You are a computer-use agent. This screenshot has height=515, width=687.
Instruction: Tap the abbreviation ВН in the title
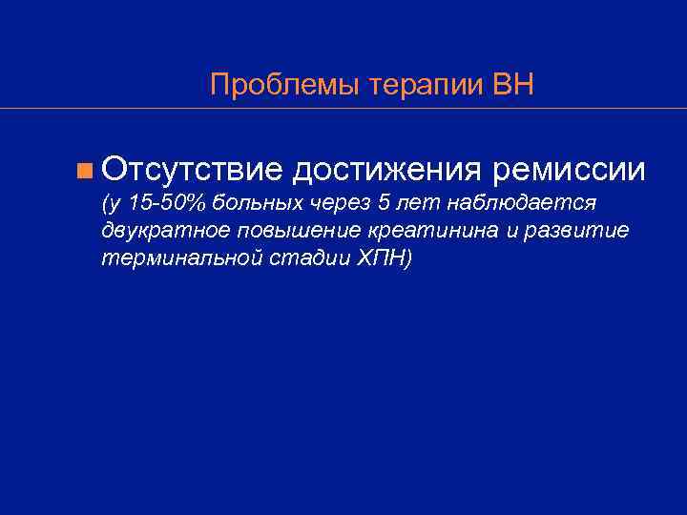(513, 86)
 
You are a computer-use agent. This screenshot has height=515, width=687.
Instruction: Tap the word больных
(261, 203)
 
